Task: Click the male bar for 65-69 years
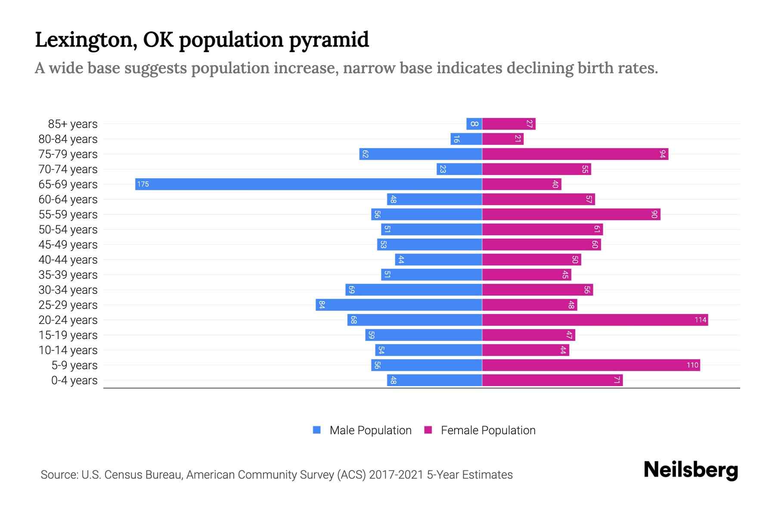pos(308,184)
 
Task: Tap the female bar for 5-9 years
pos(591,365)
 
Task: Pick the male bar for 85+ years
pos(474,124)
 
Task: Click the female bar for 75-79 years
pos(575,154)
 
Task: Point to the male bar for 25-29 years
pos(399,305)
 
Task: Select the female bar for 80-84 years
pos(502,139)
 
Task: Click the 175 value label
pos(143,184)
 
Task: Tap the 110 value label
pos(692,365)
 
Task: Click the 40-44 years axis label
pos(68,260)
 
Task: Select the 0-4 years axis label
pos(74,380)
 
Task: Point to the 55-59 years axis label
pos(68,215)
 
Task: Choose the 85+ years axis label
pos(73,124)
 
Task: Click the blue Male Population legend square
pos(317,430)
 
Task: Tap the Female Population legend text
pos(488,430)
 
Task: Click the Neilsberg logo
pos(691,470)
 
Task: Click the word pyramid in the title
pos(329,40)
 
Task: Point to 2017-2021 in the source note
pos(396,475)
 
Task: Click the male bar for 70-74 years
pos(459,169)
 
